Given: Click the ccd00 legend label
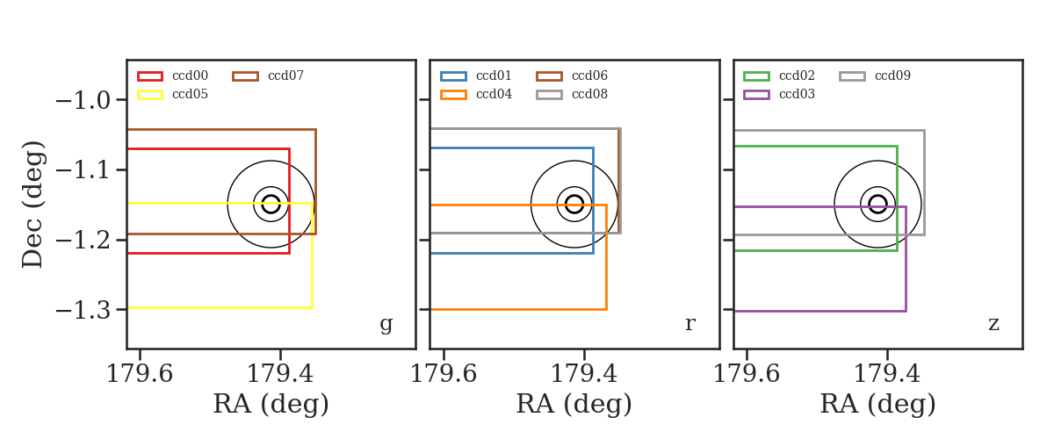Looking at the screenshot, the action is [190, 76].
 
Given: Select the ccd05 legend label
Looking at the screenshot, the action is [190, 94].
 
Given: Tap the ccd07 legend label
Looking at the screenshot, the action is [285, 76].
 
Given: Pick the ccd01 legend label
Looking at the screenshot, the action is [494, 76].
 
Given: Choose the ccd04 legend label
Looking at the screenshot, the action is [494, 94].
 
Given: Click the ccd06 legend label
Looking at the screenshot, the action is [589, 76].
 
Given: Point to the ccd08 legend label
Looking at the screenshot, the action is [589, 94].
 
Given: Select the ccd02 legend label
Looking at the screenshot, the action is [797, 76].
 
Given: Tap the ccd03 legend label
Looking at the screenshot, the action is [797, 94].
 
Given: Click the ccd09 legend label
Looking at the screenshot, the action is [892, 76].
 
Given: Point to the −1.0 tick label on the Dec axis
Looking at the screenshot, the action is [83, 101].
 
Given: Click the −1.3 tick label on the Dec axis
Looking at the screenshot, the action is [83, 310].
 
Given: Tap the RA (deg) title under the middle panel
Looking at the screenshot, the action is [574, 404].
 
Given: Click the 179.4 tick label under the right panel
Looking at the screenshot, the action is [886, 374].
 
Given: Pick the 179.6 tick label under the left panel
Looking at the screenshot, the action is [140, 374].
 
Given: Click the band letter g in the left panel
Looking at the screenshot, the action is [386, 324].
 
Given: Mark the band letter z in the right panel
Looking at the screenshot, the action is [993, 324].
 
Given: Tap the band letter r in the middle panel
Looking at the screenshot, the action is [689, 324].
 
